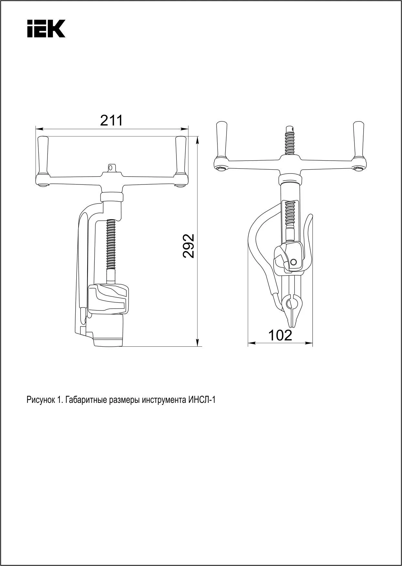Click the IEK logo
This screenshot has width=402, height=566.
point(46,28)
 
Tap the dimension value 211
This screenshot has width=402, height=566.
point(111,121)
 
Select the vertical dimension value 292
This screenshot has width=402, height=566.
point(189,246)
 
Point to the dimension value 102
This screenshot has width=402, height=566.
point(280,336)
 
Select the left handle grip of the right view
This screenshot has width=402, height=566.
point(222,140)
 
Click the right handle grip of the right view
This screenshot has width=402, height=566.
point(359,140)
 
